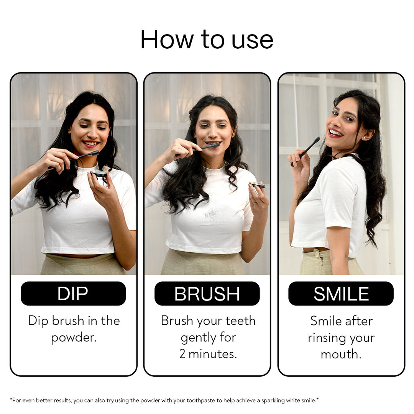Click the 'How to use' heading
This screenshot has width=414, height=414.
pyautogui.click(x=207, y=39)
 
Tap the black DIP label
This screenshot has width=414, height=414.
pyautogui.click(x=73, y=293)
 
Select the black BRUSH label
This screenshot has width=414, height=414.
pyautogui.click(x=207, y=293)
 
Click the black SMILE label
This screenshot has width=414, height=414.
pyautogui.click(x=341, y=293)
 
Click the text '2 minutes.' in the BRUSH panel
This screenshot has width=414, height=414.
pyautogui.click(x=208, y=354)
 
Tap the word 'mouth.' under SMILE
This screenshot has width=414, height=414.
pyautogui.click(x=341, y=354)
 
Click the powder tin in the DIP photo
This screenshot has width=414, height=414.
pyautogui.click(x=99, y=174)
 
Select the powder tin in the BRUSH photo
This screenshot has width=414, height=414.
pyautogui.click(x=257, y=185)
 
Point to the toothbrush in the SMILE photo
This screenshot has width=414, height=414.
pyautogui.click(x=305, y=151)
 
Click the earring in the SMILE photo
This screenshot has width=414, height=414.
pyautogui.click(x=365, y=138)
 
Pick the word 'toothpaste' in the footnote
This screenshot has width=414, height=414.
pyautogui.click(x=200, y=401)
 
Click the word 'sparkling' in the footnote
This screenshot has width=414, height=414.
pyautogui.click(x=273, y=401)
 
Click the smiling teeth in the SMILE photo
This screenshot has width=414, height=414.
pyautogui.click(x=335, y=132)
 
